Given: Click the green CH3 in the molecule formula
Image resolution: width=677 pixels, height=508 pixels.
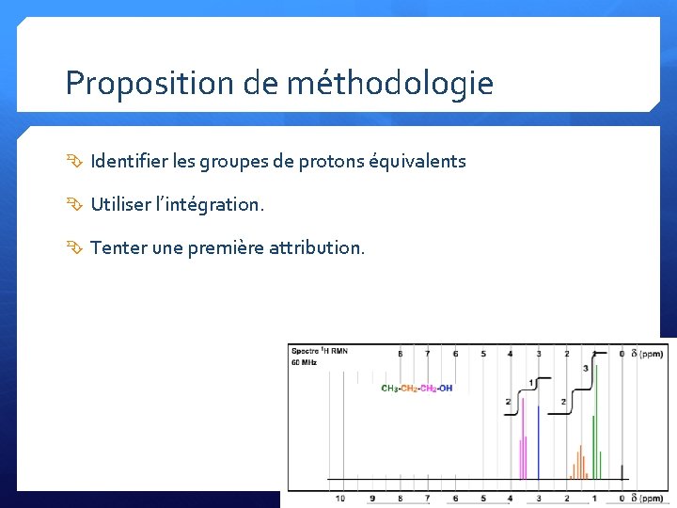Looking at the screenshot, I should click(389, 389).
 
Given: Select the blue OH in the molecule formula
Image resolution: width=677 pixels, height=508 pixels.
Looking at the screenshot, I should click(445, 389).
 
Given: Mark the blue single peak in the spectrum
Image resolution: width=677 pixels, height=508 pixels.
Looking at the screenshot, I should click(538, 442).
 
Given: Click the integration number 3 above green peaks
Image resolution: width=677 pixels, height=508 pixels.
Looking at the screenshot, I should click(585, 368).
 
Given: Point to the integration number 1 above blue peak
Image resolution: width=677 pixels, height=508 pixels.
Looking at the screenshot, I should click(531, 382).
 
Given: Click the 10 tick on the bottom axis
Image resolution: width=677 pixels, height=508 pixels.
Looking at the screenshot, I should click(339, 498).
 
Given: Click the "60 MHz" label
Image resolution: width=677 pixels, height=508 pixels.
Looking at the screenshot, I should click(305, 362).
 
